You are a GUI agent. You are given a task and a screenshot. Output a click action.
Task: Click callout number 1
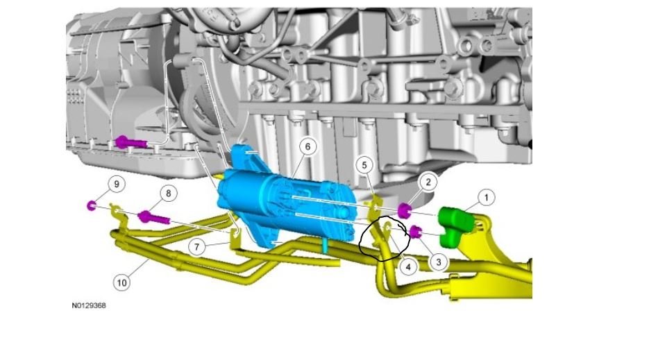click(486, 198)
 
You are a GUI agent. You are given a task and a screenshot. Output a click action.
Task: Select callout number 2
click(428, 182)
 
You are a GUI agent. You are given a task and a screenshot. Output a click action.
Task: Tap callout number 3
click(439, 262)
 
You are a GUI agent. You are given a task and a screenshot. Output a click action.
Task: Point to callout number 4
click(408, 267)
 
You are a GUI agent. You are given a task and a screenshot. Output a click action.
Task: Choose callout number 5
click(364, 165)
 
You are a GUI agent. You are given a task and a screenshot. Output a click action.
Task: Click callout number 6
click(307, 146)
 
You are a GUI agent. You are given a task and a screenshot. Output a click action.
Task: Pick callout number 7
click(196, 247)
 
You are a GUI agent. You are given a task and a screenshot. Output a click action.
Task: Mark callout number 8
click(169, 193)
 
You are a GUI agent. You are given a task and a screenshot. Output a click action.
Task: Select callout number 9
click(117, 184)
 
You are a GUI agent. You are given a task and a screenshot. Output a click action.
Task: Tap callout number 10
click(121, 282)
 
